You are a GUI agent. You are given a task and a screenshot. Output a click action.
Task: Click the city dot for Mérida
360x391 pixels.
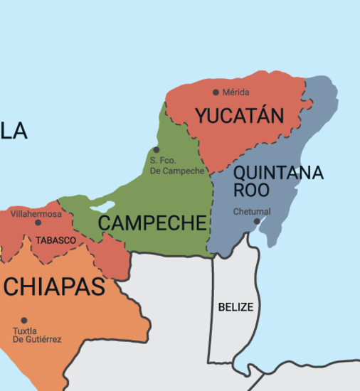coord(216,92)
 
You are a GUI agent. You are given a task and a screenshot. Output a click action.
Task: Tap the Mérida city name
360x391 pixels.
coord(235,92)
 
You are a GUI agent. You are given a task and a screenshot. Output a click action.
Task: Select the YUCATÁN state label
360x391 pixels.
coord(240,116)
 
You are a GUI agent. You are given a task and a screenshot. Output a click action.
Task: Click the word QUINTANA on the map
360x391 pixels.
coord(278,173)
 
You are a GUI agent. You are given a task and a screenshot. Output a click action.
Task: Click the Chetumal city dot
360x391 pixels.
coord(257,221)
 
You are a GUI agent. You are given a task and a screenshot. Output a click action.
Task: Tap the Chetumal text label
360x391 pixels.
coord(252,211)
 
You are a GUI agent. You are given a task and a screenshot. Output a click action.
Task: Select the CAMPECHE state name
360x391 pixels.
coord(152,223)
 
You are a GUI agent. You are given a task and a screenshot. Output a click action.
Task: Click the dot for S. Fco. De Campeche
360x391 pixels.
coord(157,149)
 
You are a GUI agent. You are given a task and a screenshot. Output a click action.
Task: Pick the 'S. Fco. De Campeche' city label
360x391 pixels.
coord(176,166)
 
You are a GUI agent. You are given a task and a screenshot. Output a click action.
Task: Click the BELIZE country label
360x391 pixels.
coord(235,307)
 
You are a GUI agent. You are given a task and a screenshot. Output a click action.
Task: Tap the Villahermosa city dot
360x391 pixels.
coord(38,223)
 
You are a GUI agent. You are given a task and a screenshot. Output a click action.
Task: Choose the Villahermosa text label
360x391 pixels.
coord(36,213)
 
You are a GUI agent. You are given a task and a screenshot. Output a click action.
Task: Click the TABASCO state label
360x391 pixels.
coord(55,240)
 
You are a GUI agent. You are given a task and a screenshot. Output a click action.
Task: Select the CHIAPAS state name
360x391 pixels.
coord(55,286)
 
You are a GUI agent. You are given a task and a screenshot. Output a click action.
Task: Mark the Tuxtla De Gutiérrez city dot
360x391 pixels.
coord(23,320)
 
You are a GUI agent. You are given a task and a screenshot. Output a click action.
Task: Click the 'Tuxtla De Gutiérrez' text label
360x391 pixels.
coord(37,335)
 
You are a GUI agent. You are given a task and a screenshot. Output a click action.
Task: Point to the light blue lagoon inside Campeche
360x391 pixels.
coord(103,207)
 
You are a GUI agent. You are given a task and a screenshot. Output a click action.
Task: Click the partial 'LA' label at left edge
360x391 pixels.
coord(14,131)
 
